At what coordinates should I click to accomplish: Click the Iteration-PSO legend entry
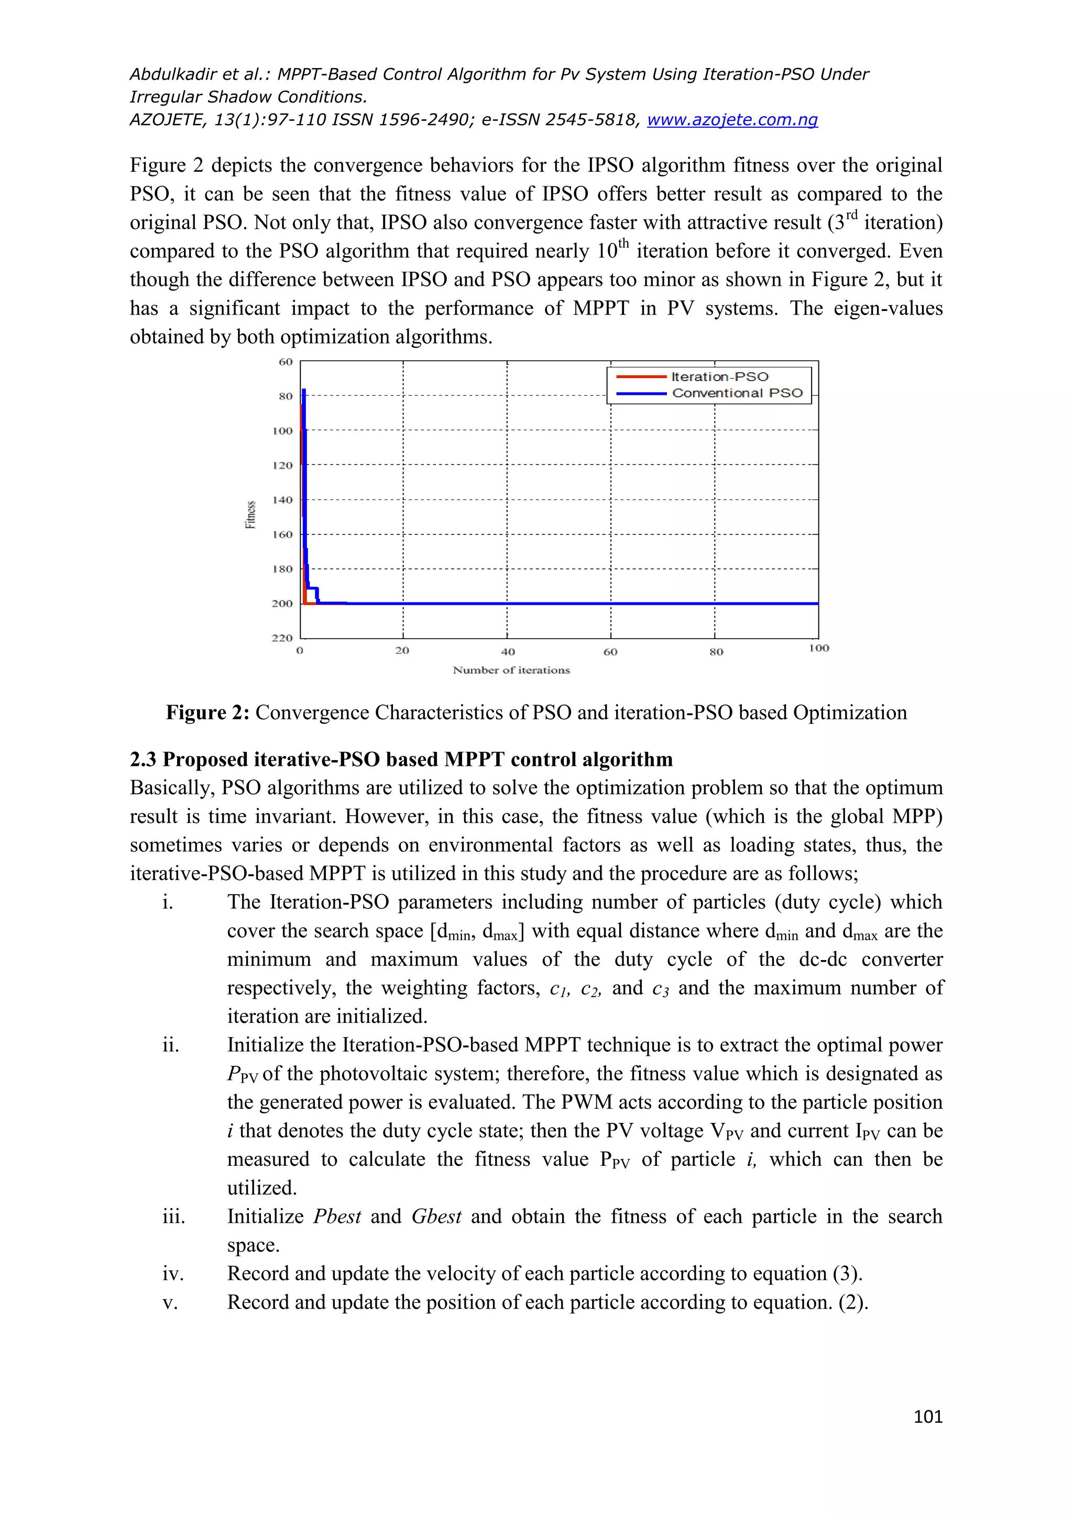(x=719, y=376)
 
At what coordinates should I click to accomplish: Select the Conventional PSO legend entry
(x=737, y=393)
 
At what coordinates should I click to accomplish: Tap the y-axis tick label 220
(x=282, y=638)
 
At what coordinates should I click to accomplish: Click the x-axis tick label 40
(x=508, y=652)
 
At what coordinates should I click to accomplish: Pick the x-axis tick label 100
(x=818, y=649)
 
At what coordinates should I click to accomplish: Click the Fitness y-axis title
(x=250, y=515)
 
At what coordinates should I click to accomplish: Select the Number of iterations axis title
(x=511, y=670)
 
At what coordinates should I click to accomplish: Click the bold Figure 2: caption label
(x=207, y=712)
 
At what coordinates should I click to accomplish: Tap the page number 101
(x=928, y=1417)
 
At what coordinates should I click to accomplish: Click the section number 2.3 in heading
(x=143, y=760)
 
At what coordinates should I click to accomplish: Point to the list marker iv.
(x=173, y=1274)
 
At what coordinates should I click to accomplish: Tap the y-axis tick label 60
(x=285, y=362)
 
